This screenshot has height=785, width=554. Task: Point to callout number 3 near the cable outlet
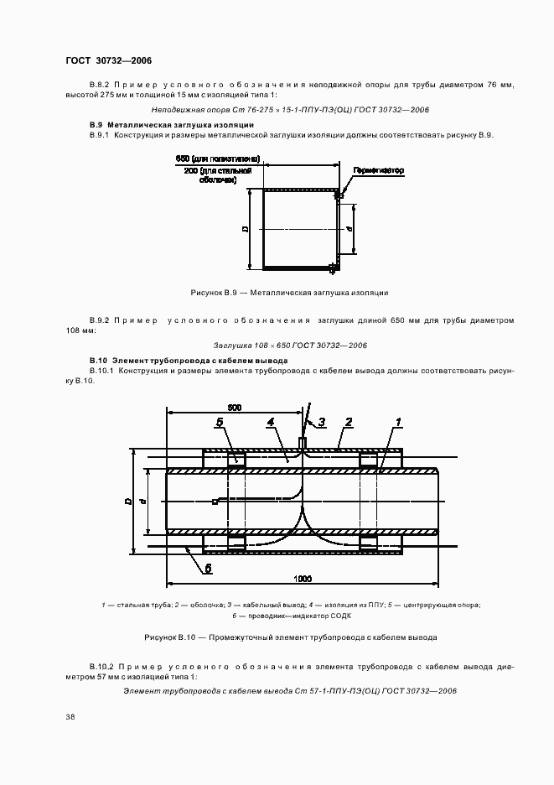point(321,422)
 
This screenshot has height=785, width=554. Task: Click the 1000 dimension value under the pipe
point(303,579)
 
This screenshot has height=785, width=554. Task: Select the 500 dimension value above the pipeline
point(235,408)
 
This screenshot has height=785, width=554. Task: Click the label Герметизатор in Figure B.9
point(378,171)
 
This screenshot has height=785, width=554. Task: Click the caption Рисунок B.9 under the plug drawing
point(289,293)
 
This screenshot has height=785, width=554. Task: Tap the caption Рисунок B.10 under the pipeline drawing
point(290,637)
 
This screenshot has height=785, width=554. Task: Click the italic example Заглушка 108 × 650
point(290,346)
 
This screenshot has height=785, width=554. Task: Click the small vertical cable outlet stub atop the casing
point(303,441)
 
